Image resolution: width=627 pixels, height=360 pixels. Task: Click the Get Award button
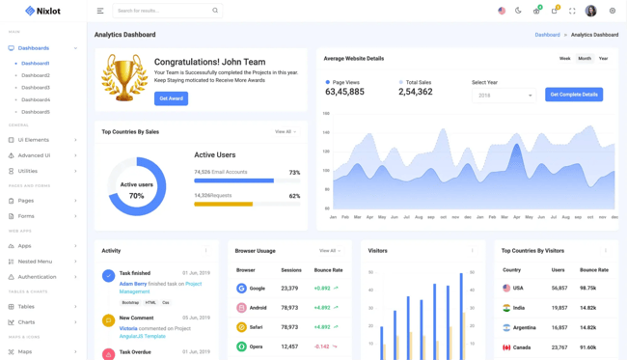pos(171,98)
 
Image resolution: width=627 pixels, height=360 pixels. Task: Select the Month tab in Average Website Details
pos(585,59)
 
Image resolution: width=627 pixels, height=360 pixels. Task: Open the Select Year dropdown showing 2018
pos(504,96)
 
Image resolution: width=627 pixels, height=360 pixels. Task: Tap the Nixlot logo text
pos(49,11)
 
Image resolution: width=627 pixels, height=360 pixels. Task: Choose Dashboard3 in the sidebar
pos(36,88)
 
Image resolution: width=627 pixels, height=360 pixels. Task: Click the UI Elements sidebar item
pos(34,140)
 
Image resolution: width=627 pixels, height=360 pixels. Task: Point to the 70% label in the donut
pos(137,196)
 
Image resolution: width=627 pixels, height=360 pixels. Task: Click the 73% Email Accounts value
pos(294,173)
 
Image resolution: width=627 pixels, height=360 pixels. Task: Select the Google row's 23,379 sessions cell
pos(289,288)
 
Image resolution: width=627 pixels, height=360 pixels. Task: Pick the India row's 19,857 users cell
pos(559,308)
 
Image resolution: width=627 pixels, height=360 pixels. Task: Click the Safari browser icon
pos(242,327)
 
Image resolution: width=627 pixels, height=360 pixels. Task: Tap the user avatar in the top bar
pos(591,11)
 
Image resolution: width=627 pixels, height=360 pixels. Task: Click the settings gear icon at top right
pos(613,11)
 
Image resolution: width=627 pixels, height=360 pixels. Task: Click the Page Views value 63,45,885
pos(345,92)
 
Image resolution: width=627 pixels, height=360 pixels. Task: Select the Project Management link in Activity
pos(160,288)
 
